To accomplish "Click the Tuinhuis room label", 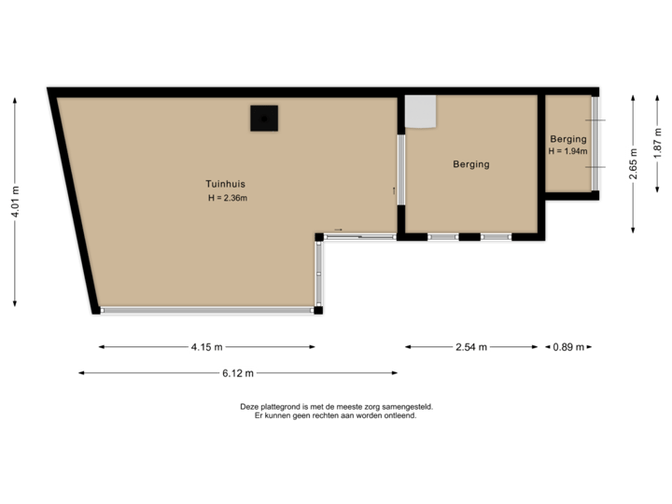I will (226, 184).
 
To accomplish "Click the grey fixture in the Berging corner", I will (422, 111).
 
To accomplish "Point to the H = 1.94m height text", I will (567, 151).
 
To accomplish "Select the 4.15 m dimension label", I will (207, 347).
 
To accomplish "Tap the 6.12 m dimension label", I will (238, 373).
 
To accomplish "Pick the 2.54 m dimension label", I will (471, 347).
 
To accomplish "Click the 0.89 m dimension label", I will (568, 347).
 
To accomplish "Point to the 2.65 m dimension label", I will (634, 163).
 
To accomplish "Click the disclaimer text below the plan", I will (335, 411).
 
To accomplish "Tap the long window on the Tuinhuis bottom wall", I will (207, 310).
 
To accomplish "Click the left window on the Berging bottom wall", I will (442, 237).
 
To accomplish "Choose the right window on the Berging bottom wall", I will (496, 237).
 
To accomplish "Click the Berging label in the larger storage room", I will (471, 164).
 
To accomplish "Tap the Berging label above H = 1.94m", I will (567, 139).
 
